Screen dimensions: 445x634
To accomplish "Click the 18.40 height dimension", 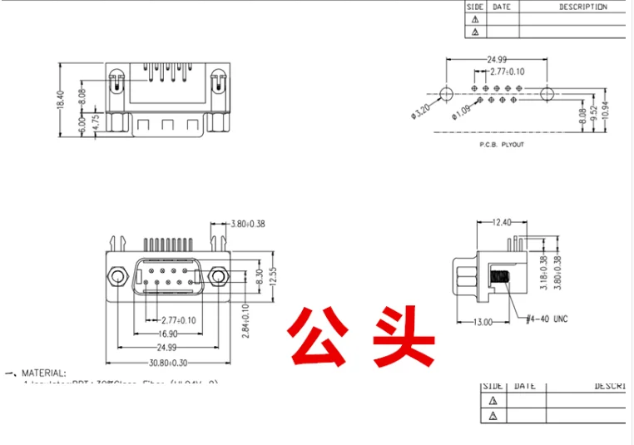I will pos(60,100).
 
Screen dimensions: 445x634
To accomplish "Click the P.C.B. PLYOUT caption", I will pos(502,144).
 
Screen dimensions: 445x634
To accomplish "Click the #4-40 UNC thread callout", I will pos(547,319).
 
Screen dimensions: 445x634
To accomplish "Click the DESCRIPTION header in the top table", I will pos(582,7).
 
